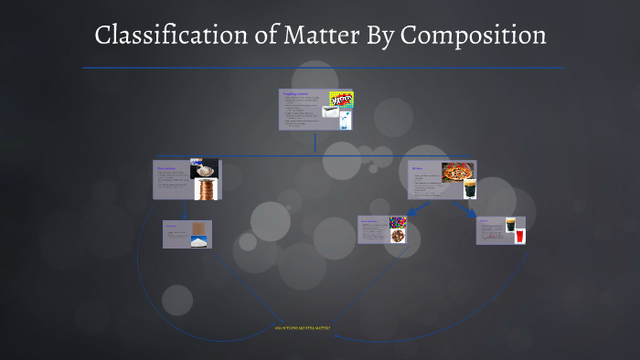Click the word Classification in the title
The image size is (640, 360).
point(163,37)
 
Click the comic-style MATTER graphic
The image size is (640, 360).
point(340,98)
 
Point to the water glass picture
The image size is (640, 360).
point(344,121)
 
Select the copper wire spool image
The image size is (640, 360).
point(207,189)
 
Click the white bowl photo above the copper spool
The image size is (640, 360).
point(204,169)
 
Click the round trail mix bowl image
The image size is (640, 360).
point(398,236)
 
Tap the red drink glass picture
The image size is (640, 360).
point(519,236)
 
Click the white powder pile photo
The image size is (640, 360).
point(198,241)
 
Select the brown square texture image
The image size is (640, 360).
point(198,228)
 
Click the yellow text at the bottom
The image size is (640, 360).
point(303,327)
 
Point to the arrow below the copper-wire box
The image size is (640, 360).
point(187,210)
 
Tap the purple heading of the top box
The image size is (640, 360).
point(294,93)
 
